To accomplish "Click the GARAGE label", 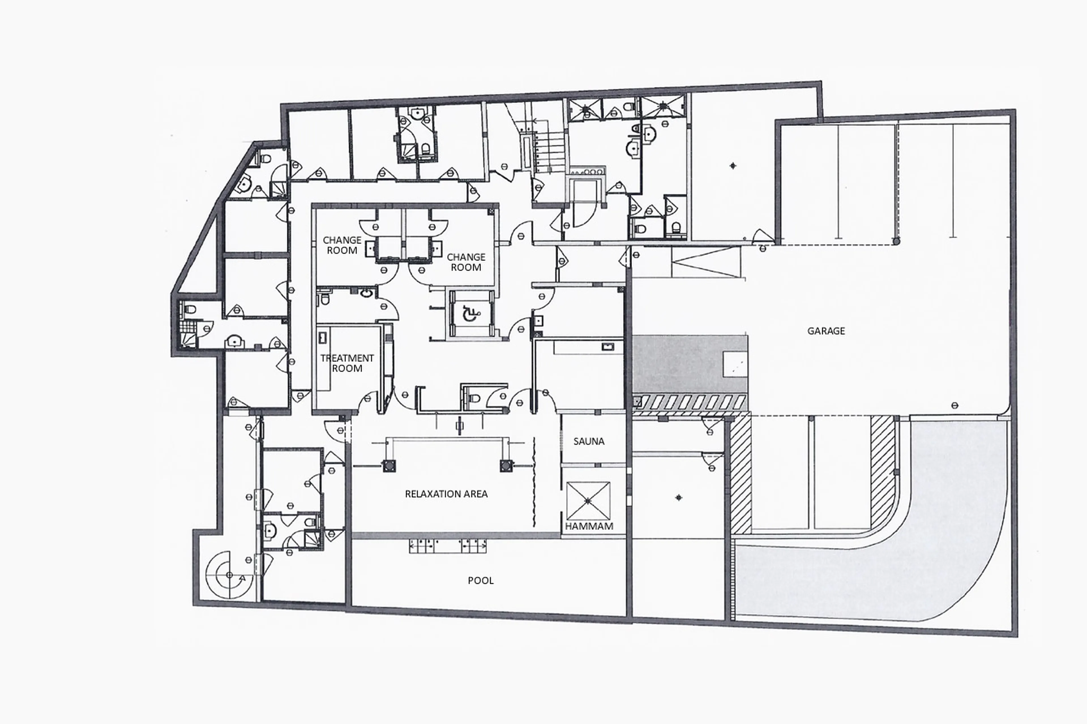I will click(x=826, y=331).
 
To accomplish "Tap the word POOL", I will click(x=480, y=580).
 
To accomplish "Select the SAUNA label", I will click(x=589, y=441).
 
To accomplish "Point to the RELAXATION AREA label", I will click(x=446, y=494).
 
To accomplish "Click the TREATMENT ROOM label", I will click(x=347, y=363).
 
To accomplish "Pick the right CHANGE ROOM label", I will click(x=466, y=262).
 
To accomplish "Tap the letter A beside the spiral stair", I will click(x=242, y=578).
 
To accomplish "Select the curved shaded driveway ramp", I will click(x=915, y=545).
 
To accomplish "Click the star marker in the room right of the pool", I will click(x=679, y=498).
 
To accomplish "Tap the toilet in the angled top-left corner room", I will click(x=265, y=159).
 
